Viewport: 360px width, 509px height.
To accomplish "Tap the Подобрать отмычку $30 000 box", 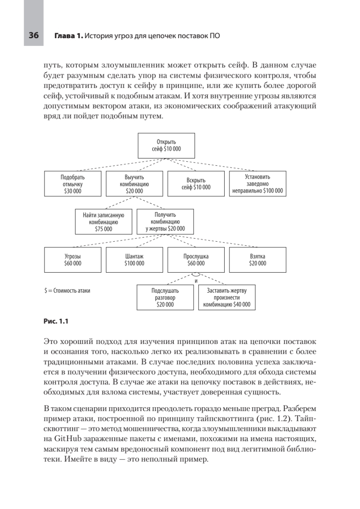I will pos(73,184).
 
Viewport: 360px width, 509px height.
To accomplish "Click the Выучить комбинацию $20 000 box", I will pos(134,184).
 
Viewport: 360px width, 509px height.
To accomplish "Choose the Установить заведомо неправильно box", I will pos(257,184).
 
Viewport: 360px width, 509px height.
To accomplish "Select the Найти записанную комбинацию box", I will pos(104,221).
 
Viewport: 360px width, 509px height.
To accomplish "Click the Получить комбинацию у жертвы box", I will pos(165,221).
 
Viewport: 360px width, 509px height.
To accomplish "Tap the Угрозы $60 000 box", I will pos(73,260).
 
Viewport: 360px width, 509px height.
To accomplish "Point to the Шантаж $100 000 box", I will pos(134,260).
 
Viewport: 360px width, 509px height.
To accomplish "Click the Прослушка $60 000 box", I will pos(196,260).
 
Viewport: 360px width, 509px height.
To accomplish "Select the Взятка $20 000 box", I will pos(257,260).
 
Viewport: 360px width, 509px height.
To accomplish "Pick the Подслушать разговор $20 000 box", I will pos(165,297).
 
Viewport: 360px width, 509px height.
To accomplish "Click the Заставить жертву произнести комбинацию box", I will pos(227,297).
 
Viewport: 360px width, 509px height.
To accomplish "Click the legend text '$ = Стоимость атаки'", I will pos(67,291).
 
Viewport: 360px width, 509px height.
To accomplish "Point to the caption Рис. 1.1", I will pos(56,321).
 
